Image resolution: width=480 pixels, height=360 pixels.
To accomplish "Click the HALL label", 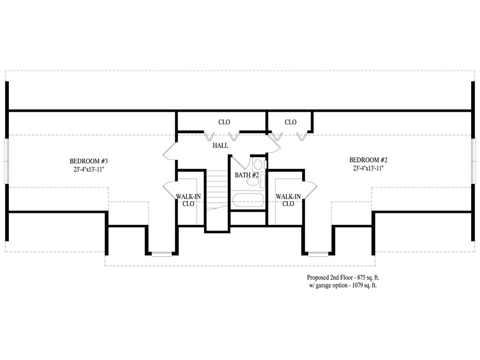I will click(221, 146).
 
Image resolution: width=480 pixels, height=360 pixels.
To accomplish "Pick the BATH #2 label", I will click(247, 175).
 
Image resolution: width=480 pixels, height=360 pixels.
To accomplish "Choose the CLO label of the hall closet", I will click(224, 122).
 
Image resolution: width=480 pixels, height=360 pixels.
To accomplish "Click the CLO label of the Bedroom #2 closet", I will click(291, 122).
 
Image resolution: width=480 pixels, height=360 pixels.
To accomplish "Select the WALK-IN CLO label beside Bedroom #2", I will click(288, 200).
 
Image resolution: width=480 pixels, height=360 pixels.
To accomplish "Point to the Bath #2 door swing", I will click(240, 162).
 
